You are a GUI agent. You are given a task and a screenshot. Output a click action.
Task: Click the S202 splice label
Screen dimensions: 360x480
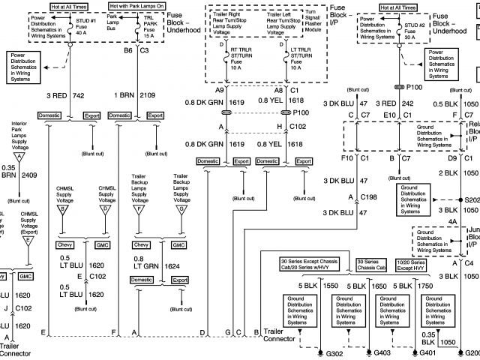tap(472, 202)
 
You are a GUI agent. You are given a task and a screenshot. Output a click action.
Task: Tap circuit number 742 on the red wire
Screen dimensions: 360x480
tap(78, 96)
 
